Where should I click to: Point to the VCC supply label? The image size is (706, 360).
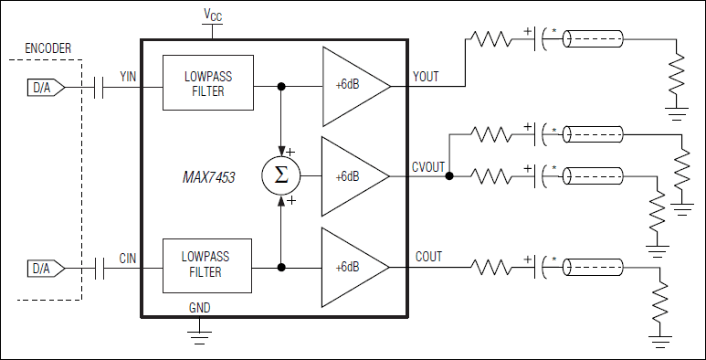click(212, 16)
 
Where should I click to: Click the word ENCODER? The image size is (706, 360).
click(49, 48)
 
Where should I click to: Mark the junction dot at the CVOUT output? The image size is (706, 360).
click(449, 176)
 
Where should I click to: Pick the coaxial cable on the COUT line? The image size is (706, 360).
click(594, 267)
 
